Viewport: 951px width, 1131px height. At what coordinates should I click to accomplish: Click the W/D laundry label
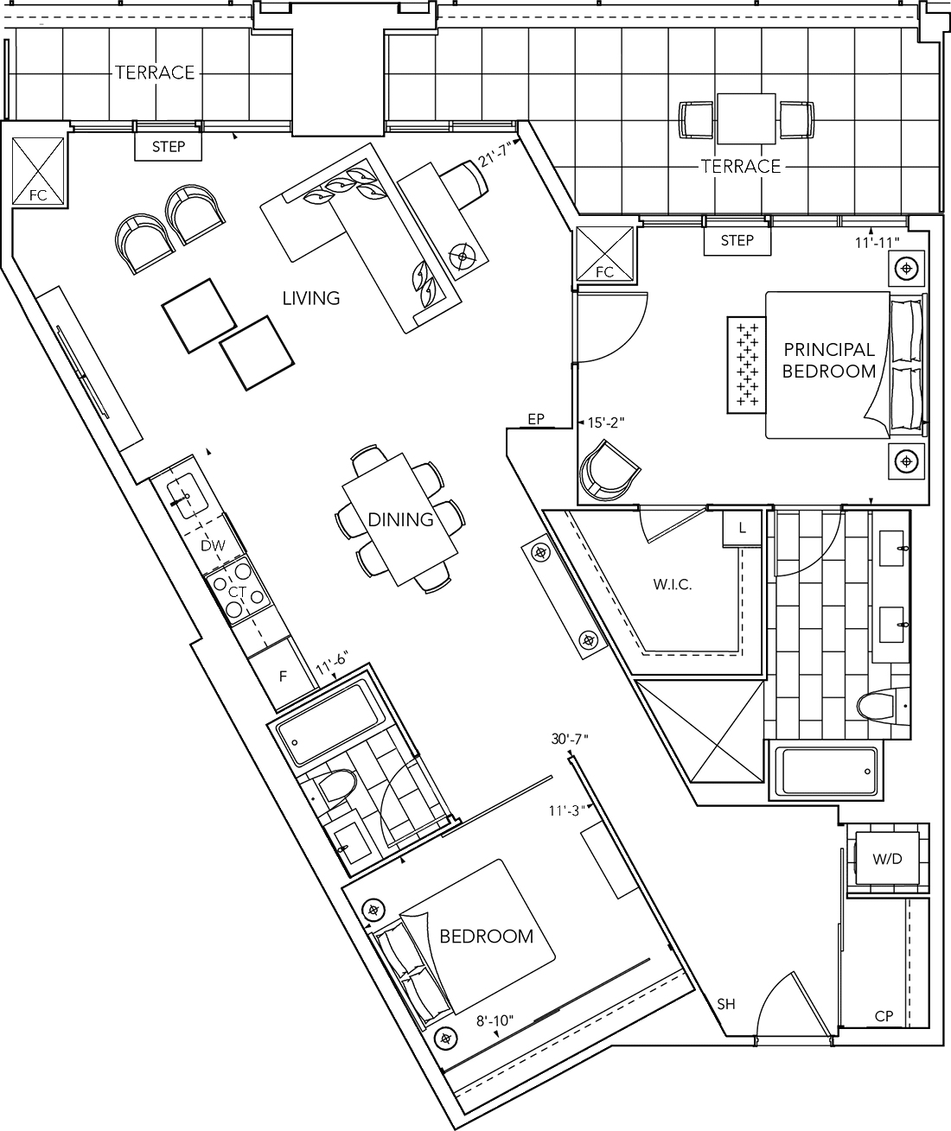(887, 860)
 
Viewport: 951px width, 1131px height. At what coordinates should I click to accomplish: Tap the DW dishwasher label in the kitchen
(213, 545)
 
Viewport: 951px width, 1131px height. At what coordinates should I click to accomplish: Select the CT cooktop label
(237, 592)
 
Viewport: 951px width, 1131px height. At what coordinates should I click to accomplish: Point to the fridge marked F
(282, 677)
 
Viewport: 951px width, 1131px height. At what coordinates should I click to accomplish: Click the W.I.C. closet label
(673, 585)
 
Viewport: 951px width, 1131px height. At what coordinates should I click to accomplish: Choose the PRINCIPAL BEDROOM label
(828, 360)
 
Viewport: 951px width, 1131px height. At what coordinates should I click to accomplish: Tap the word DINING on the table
(400, 519)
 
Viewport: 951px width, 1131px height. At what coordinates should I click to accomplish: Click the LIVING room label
(311, 298)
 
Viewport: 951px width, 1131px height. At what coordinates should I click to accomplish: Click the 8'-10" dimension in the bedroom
(495, 1020)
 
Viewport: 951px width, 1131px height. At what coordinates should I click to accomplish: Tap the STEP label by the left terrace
(169, 147)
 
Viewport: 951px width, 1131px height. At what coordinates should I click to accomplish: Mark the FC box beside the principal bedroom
(605, 257)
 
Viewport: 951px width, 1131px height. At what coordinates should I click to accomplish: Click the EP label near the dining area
(536, 419)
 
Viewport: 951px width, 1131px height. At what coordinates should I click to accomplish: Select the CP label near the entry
(884, 1016)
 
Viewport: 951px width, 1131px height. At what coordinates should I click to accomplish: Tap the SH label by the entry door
(725, 1004)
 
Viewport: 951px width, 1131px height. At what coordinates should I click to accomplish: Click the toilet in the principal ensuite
(880, 707)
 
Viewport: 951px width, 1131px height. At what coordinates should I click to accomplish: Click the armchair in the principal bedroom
(609, 468)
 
